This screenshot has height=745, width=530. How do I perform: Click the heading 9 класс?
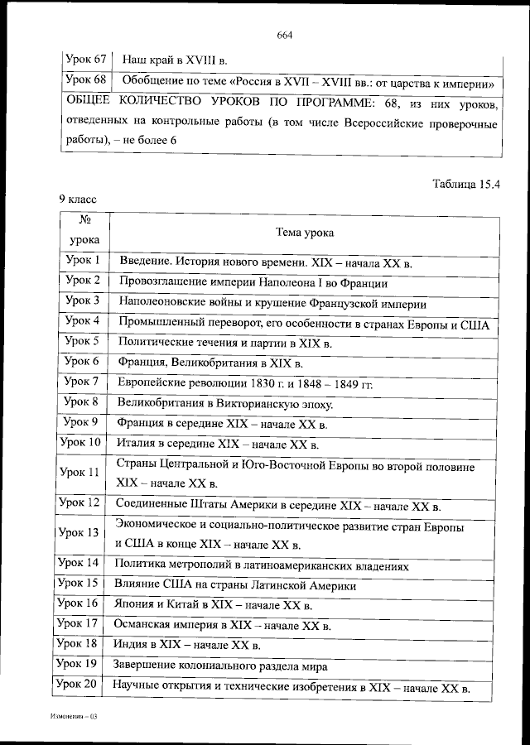78,199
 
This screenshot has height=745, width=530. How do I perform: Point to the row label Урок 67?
85,60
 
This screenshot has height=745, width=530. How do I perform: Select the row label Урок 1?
83,261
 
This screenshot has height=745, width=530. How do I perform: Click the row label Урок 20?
79,685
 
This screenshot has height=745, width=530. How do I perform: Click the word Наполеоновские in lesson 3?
161,301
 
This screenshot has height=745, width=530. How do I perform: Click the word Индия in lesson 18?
134,644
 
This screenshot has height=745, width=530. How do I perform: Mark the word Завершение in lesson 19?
149,665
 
